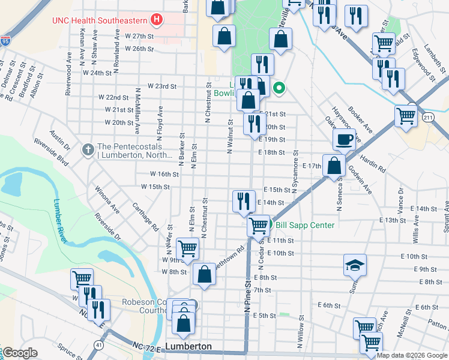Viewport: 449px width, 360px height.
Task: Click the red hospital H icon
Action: pyautogui.click(x=157, y=20)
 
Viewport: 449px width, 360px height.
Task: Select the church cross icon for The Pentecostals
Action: pyautogui.click(x=88, y=148)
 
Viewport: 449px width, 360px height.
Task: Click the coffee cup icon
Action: pyautogui.click(x=344, y=140)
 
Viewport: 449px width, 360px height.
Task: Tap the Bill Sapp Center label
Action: pyautogui.click(x=305, y=225)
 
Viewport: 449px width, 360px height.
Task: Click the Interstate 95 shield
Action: pyautogui.click(x=5, y=41)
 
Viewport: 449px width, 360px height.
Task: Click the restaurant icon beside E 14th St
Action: pyautogui.click(x=243, y=200)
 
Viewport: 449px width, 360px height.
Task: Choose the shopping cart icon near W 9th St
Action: pyautogui.click(x=188, y=248)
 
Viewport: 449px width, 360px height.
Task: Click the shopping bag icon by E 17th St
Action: pyautogui.click(x=333, y=165)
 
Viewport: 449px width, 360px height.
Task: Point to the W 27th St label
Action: pyautogui.click(x=139, y=36)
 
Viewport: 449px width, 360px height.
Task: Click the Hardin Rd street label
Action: pyautogui.click(x=373, y=162)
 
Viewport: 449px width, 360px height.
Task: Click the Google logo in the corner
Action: pyautogui.click(x=20, y=353)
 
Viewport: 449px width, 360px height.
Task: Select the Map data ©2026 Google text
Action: pyautogui.click(x=412, y=355)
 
